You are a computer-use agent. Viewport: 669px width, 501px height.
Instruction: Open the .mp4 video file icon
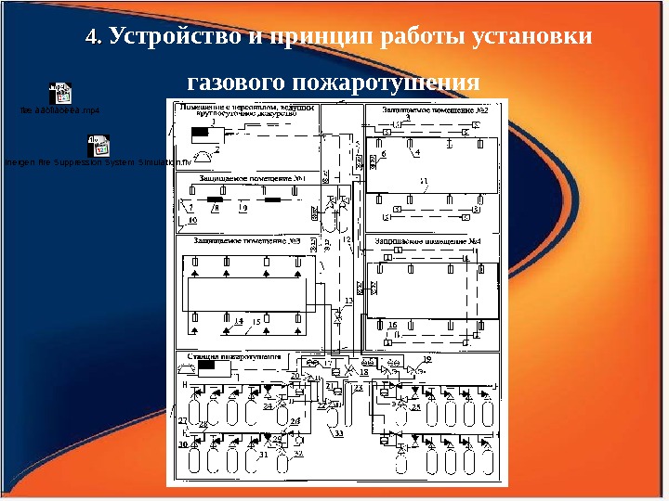coord(60,92)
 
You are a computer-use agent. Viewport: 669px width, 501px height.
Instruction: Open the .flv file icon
coord(98,145)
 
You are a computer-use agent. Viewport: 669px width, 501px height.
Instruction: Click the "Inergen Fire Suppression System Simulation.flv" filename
coord(97,162)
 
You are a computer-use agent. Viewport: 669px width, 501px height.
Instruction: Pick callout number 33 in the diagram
coord(339,432)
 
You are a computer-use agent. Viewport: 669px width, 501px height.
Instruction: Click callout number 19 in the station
coord(427,358)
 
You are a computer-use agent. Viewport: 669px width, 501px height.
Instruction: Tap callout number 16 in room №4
coord(393,324)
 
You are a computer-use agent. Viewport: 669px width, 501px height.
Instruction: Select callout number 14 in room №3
coord(239,320)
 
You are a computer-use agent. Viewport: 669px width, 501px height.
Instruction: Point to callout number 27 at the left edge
coord(183,420)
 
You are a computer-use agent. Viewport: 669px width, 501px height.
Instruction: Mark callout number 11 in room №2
coord(424,179)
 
